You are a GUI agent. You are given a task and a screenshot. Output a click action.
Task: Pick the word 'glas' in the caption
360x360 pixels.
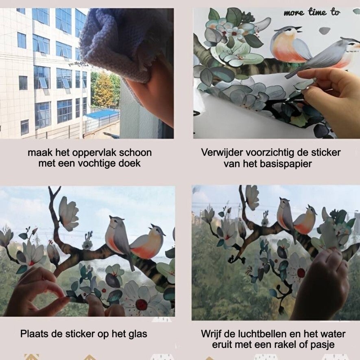[x=138, y=334]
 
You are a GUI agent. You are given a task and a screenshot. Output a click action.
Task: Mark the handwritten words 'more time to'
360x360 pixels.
[x=312, y=12]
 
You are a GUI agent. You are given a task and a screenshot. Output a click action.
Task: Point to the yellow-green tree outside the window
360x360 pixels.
[x=103, y=89]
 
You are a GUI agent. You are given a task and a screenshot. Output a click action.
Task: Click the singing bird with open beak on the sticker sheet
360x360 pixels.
[x=290, y=45]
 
